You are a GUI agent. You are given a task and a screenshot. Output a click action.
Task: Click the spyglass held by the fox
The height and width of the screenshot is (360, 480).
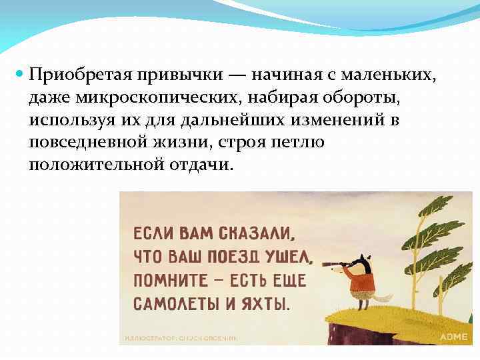(335, 263)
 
